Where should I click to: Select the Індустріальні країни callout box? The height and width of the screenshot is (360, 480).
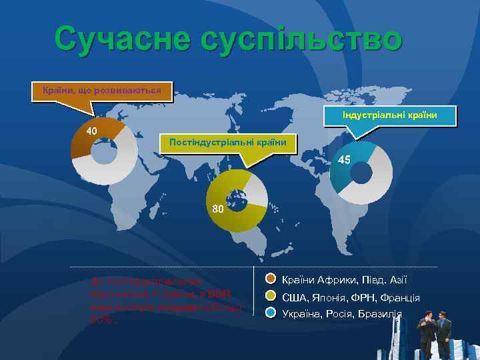tap(389, 115)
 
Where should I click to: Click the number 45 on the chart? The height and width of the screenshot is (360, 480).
tap(344, 161)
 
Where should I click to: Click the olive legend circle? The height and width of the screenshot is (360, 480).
tap(271, 297)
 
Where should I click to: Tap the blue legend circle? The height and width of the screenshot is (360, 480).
tap(271, 313)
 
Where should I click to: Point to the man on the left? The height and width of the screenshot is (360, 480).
tap(424, 331)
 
